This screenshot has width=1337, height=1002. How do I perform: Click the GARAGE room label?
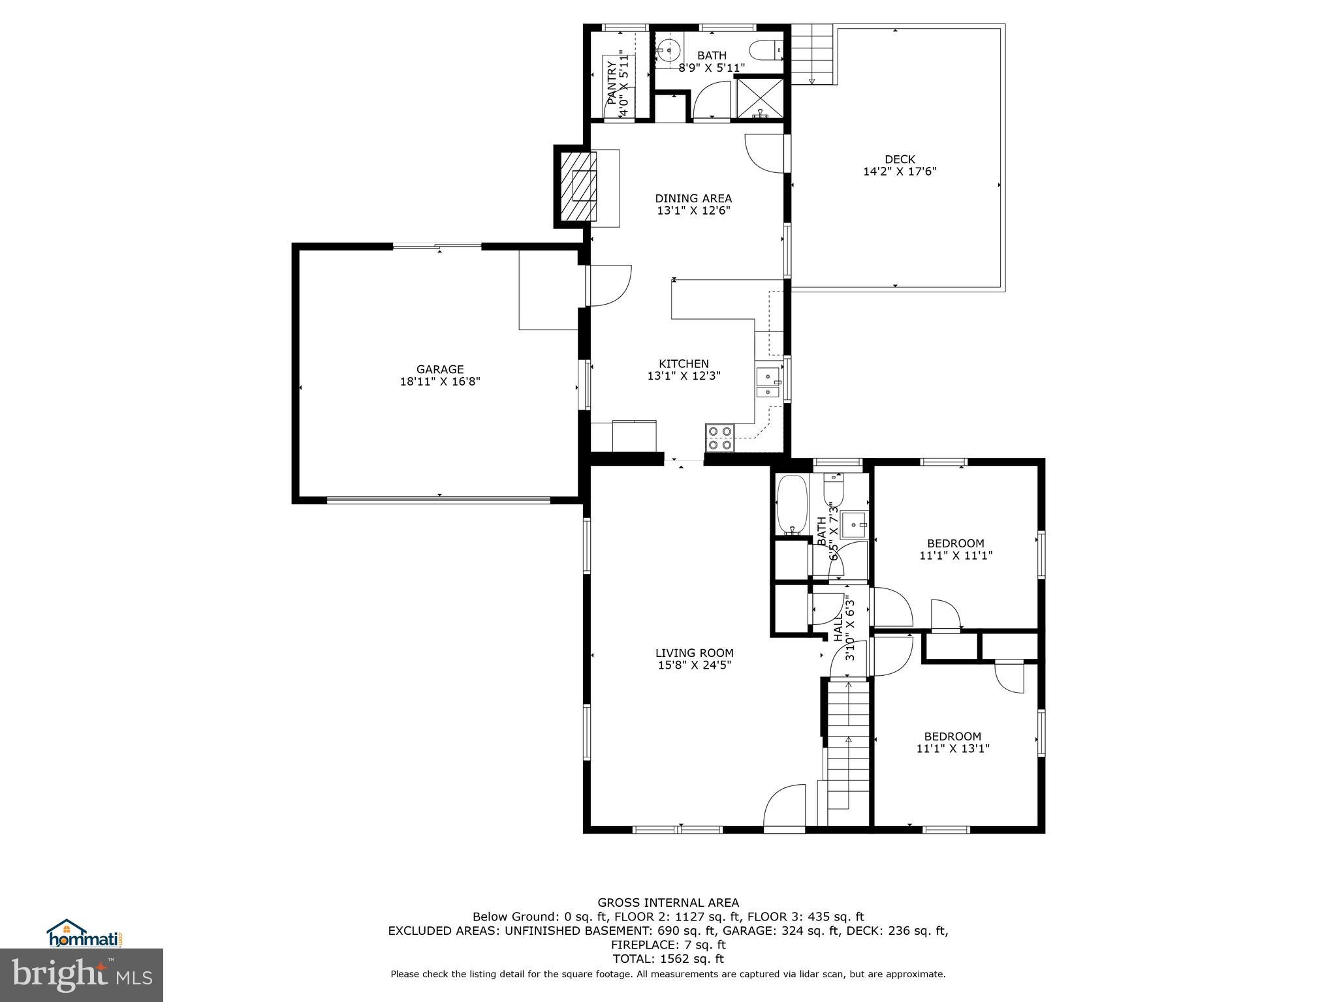pyautogui.click(x=440, y=369)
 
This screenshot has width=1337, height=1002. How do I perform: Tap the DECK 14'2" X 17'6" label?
pyautogui.click(x=900, y=166)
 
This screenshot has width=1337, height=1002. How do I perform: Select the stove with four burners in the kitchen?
pyautogui.click(x=720, y=438)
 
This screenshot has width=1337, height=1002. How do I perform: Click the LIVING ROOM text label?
pyautogui.click(x=694, y=653)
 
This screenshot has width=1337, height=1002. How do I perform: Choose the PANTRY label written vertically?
pyautogui.click(x=612, y=83)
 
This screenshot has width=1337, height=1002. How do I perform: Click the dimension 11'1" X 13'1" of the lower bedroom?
pyautogui.click(x=952, y=749)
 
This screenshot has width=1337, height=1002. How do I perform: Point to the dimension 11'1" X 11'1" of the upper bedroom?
pyautogui.click(x=956, y=556)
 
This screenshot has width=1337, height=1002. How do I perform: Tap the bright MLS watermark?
pyautogui.click(x=82, y=975)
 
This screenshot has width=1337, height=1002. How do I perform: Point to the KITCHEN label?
pyautogui.click(x=684, y=364)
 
